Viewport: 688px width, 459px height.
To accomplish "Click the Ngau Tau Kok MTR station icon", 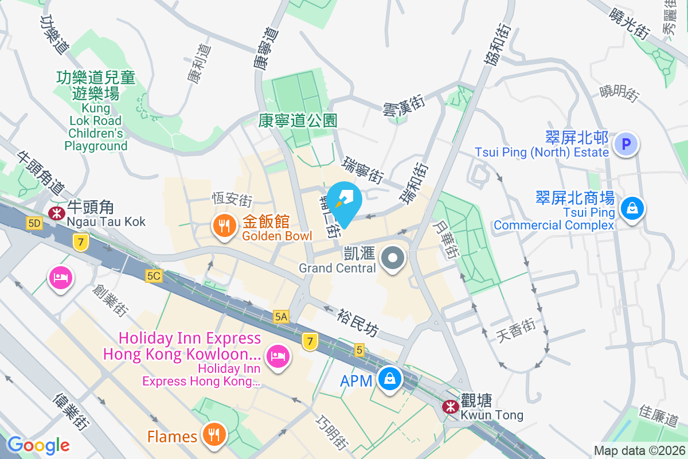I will pyautogui.click(x=57, y=213).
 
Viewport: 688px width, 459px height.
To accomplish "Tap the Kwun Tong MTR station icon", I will pyautogui.click(x=450, y=406).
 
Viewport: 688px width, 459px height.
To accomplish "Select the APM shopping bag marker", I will pyautogui.click(x=390, y=380).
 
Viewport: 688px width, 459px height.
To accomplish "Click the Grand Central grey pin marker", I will pyautogui.click(x=393, y=258).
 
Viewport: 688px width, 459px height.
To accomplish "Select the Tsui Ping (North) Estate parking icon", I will pyautogui.click(x=626, y=144).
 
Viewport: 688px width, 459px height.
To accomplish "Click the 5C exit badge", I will pyautogui.click(x=154, y=276).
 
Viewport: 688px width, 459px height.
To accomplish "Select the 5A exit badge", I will pyautogui.click(x=281, y=316).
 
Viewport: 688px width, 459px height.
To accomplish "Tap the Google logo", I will pyautogui.click(x=38, y=445).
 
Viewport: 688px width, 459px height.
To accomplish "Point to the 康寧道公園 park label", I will pyautogui.click(x=298, y=120).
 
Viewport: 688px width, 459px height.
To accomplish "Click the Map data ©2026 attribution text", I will pyautogui.click(x=639, y=451).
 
